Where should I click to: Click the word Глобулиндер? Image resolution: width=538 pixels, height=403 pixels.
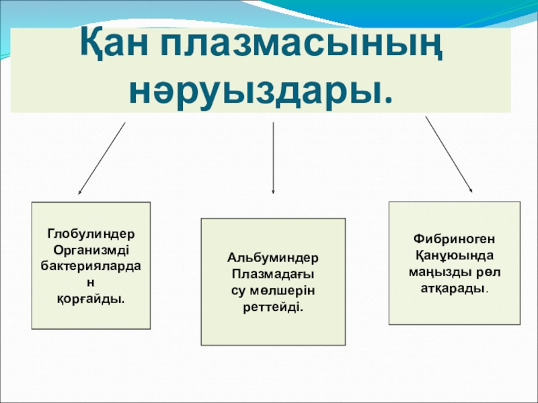pyautogui.click(x=91, y=235)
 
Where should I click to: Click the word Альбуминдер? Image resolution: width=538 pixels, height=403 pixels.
pyautogui.click(x=274, y=258)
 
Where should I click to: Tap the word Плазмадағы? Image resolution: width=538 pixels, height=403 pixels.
pyautogui.click(x=274, y=274)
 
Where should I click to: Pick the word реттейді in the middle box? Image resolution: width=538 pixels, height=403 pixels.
pyautogui.click(x=274, y=306)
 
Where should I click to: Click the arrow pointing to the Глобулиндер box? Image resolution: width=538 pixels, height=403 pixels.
pyautogui.click(x=102, y=159)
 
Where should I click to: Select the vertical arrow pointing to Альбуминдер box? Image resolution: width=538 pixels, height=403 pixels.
pyautogui.click(x=273, y=159)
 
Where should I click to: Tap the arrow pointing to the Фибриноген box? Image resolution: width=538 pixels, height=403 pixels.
pyautogui.click(x=449, y=155)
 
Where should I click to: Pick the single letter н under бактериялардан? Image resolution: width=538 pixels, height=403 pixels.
pyautogui.click(x=91, y=282)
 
